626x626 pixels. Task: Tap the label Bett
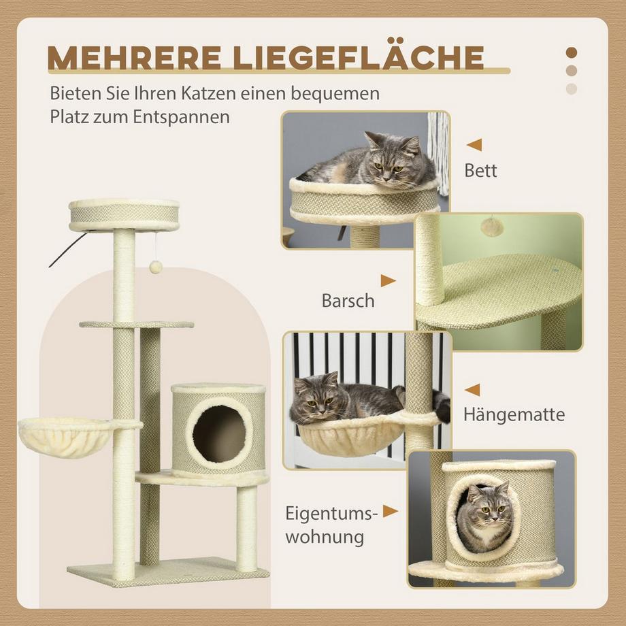point(480,170)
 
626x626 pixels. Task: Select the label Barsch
point(348,301)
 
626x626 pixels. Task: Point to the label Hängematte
point(514,414)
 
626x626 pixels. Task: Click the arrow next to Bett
point(474,144)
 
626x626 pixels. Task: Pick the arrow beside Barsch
point(388,280)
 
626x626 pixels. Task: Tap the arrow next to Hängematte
point(472,390)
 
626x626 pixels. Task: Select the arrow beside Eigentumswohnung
point(390,511)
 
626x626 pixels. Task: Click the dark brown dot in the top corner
point(572,52)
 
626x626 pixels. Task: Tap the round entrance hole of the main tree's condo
point(218,433)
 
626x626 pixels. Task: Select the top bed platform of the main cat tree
point(124,214)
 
